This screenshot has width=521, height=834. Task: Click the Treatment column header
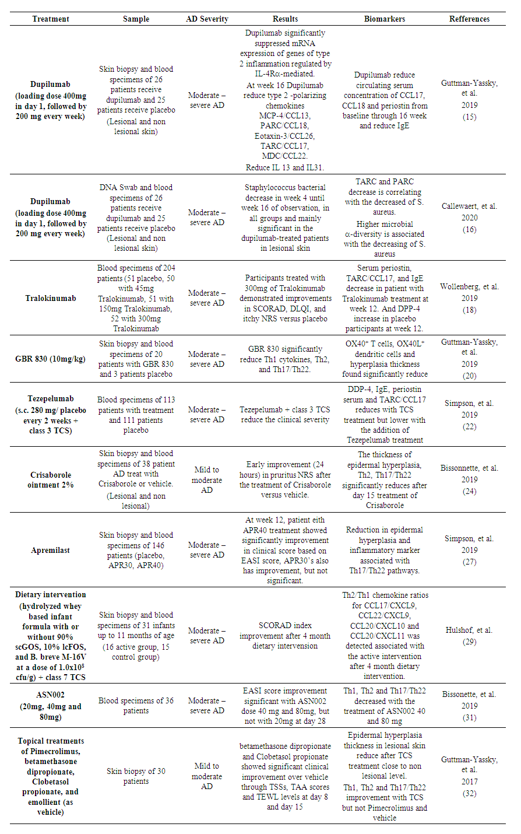(x=51, y=19)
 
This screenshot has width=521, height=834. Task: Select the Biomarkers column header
(x=385, y=19)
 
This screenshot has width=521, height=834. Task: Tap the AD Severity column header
(x=207, y=19)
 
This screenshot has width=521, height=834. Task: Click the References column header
(x=469, y=19)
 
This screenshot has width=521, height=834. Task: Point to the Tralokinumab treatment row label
(x=51, y=298)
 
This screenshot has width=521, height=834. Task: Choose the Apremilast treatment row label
(x=51, y=550)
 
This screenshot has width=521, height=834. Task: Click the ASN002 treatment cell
(x=51, y=706)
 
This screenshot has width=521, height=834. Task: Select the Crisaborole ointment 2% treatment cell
(x=51, y=480)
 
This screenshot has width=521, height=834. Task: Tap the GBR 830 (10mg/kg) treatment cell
(x=51, y=359)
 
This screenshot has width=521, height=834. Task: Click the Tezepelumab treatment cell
(x=51, y=415)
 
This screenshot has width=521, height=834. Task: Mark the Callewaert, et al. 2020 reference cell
(x=469, y=218)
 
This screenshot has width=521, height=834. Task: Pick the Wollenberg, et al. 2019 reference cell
(x=469, y=298)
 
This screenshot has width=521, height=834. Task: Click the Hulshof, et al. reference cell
(x=469, y=636)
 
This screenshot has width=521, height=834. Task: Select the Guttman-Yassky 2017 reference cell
(x=469, y=776)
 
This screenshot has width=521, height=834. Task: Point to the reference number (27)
(x=469, y=562)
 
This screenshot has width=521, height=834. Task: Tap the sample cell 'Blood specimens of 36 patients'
(x=136, y=706)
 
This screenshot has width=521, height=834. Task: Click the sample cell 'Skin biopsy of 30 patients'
(x=136, y=776)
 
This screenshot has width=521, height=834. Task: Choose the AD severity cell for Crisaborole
(x=207, y=480)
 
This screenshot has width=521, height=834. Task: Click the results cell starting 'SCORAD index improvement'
(x=285, y=636)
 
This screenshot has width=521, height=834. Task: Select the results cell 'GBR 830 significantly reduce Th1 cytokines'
(x=285, y=359)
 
